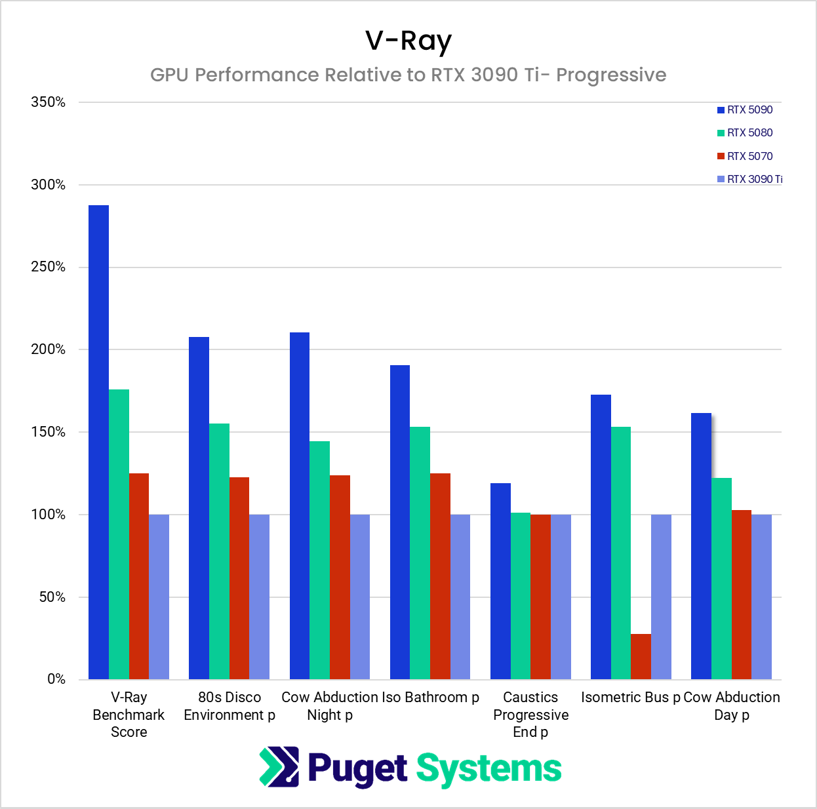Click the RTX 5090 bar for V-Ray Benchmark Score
point(98,443)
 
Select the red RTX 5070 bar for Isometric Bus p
point(641,656)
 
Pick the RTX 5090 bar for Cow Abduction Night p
point(300,505)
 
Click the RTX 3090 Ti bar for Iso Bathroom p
point(460,597)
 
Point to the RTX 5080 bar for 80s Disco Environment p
point(219,551)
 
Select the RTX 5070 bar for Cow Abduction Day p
point(742,594)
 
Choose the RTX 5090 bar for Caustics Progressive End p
point(500,581)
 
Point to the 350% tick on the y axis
point(49,102)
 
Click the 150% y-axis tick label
point(49,432)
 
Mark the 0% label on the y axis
point(56,679)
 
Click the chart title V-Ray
point(408,41)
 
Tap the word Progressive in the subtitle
point(611,75)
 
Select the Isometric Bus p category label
point(630,698)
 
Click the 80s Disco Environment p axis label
point(229,706)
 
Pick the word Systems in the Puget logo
point(488,768)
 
